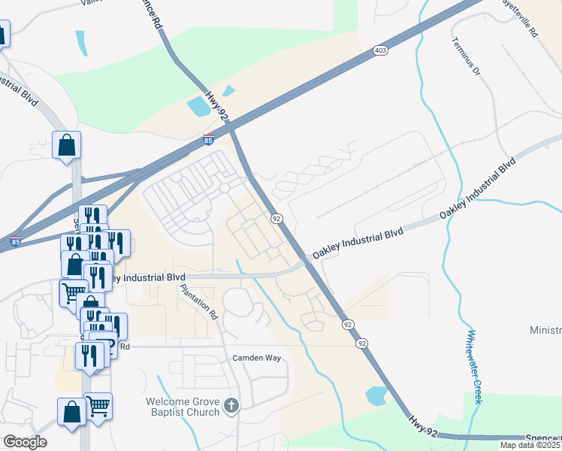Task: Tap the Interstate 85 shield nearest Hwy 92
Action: coord(208,140)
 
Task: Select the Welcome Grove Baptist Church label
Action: coord(184,407)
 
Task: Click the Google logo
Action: coord(25,442)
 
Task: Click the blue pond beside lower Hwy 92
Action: coord(376,395)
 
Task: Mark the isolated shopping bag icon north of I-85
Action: coord(66,144)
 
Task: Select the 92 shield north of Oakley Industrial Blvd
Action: coord(276,218)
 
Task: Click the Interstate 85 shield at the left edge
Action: coord(15,242)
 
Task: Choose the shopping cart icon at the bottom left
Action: coord(98,406)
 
